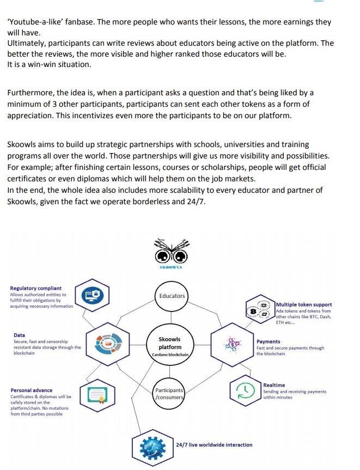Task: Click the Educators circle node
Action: [172, 296]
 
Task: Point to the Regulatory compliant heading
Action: [36, 288]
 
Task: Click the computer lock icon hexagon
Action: [91, 296]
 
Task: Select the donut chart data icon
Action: [107, 344]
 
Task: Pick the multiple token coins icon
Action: [260, 308]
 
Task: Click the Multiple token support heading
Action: [304, 304]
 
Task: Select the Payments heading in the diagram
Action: [269, 341]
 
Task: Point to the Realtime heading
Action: [274, 385]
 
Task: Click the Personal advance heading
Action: [32, 390]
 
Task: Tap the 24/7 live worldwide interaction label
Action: [214, 444]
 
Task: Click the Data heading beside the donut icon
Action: [20, 335]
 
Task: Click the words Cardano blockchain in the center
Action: [170, 355]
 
